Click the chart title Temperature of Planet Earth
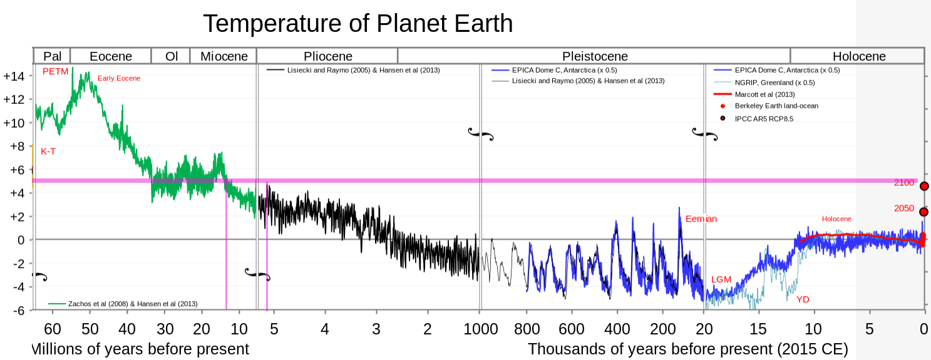coord(357,24)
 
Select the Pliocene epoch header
coord(327,56)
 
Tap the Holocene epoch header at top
coord(859,56)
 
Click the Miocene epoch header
coord(224,56)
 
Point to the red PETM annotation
coord(55,71)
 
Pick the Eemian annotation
coord(701,219)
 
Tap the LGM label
coord(721,279)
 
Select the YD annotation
coord(803,299)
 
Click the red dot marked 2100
coord(924,186)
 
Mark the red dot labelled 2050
coord(923,212)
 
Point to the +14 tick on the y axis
coord(14,76)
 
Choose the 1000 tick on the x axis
coord(481,329)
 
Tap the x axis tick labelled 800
coord(527,329)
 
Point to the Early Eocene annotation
coord(119,78)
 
